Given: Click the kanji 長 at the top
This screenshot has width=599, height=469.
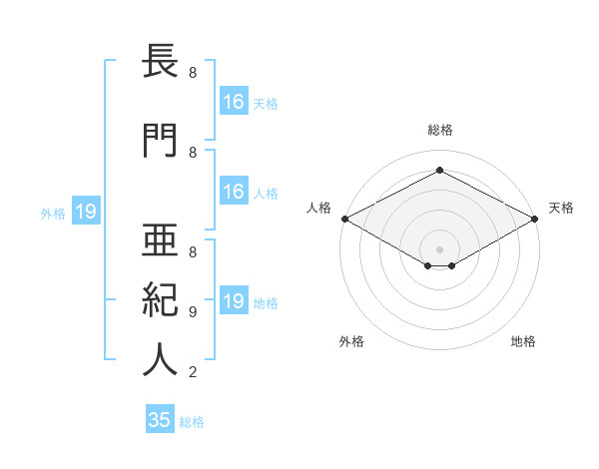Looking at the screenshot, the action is point(160,61).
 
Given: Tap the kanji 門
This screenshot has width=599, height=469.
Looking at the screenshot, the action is point(160,140).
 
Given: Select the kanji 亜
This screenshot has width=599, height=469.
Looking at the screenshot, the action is point(160,239).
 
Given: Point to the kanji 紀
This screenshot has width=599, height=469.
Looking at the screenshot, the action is point(160,299).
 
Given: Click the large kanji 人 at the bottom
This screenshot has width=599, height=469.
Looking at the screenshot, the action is point(160,359).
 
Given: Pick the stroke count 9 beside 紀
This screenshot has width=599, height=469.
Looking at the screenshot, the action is point(193,312).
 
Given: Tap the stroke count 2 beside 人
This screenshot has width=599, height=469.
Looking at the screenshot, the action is point(193,371).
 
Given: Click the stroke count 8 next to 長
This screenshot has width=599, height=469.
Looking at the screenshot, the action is point(193,72).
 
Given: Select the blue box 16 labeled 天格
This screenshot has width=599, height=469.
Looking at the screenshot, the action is point(234,101).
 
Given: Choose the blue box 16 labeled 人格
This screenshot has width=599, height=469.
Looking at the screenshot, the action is point(234,191).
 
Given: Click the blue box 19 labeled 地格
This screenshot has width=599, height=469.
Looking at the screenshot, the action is point(234,299).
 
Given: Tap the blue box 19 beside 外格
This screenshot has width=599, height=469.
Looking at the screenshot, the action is point(86,211).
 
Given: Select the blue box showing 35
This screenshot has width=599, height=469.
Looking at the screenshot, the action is point(160,418).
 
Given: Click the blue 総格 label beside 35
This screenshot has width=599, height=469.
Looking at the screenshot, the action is point(192,422).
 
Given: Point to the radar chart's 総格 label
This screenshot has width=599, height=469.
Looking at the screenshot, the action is point(440,130).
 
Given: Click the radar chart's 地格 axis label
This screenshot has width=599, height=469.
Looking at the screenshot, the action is point(523,341).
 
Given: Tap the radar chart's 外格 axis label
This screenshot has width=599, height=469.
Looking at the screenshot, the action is point(351,341).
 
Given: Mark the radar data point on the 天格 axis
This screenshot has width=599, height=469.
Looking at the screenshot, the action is point(535,219).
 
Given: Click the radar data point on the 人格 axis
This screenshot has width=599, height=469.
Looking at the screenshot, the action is point(345,219).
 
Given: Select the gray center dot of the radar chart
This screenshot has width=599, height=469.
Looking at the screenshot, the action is point(439,249).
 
